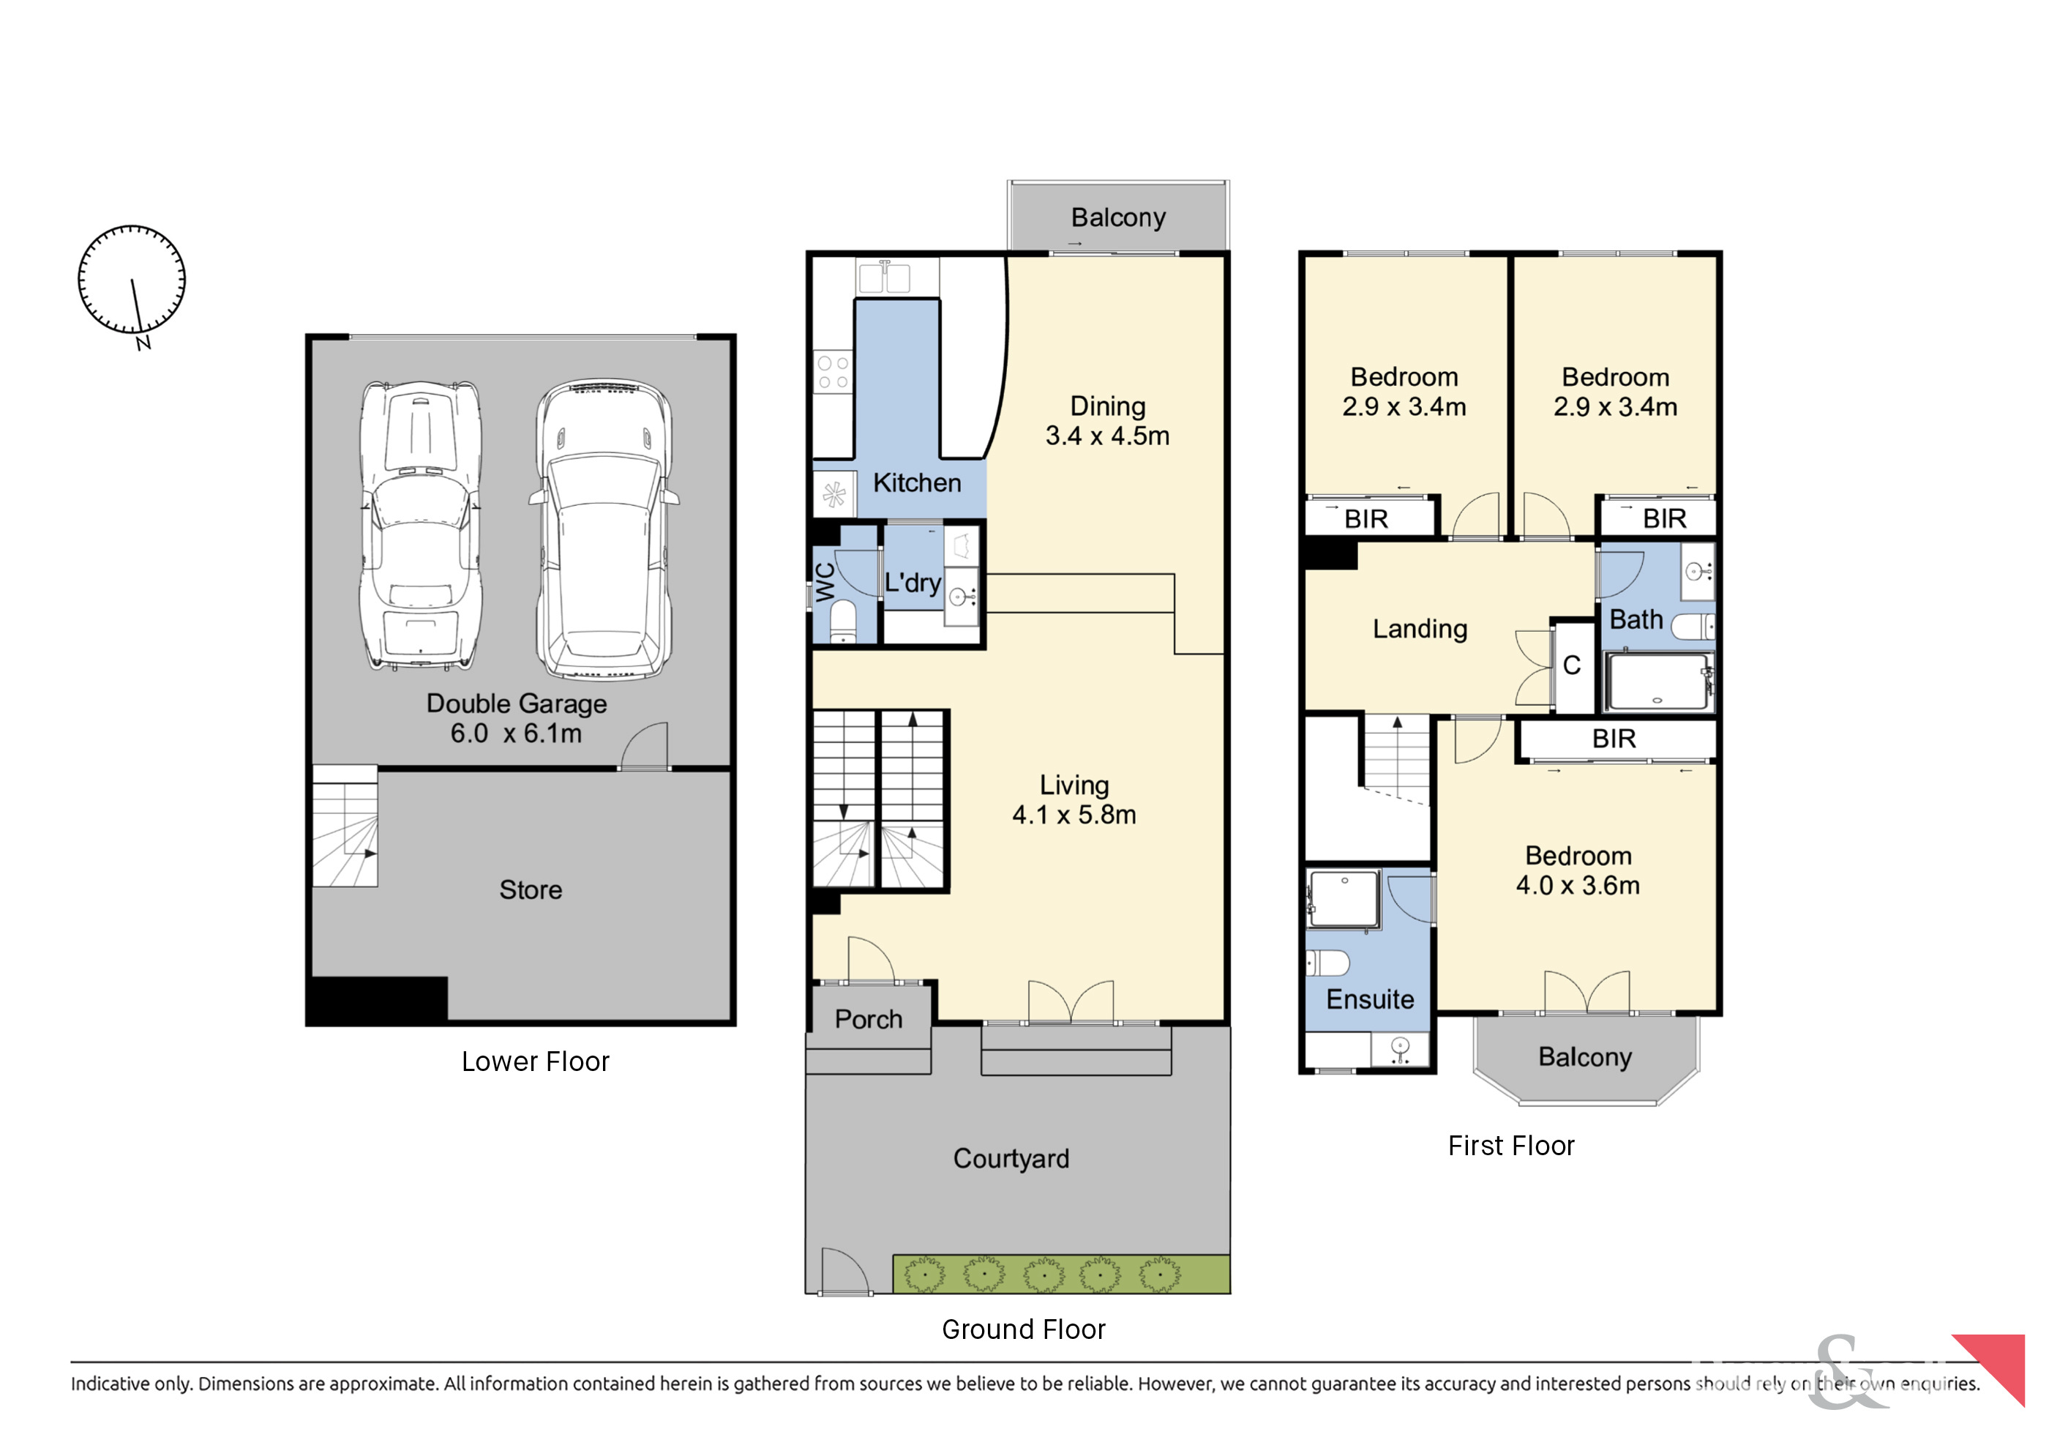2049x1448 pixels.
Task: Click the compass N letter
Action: (143, 343)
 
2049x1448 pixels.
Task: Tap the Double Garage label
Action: (517, 704)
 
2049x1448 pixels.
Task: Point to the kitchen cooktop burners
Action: (833, 373)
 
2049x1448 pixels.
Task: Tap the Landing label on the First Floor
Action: (1420, 629)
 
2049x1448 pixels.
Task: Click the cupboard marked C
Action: (1573, 665)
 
